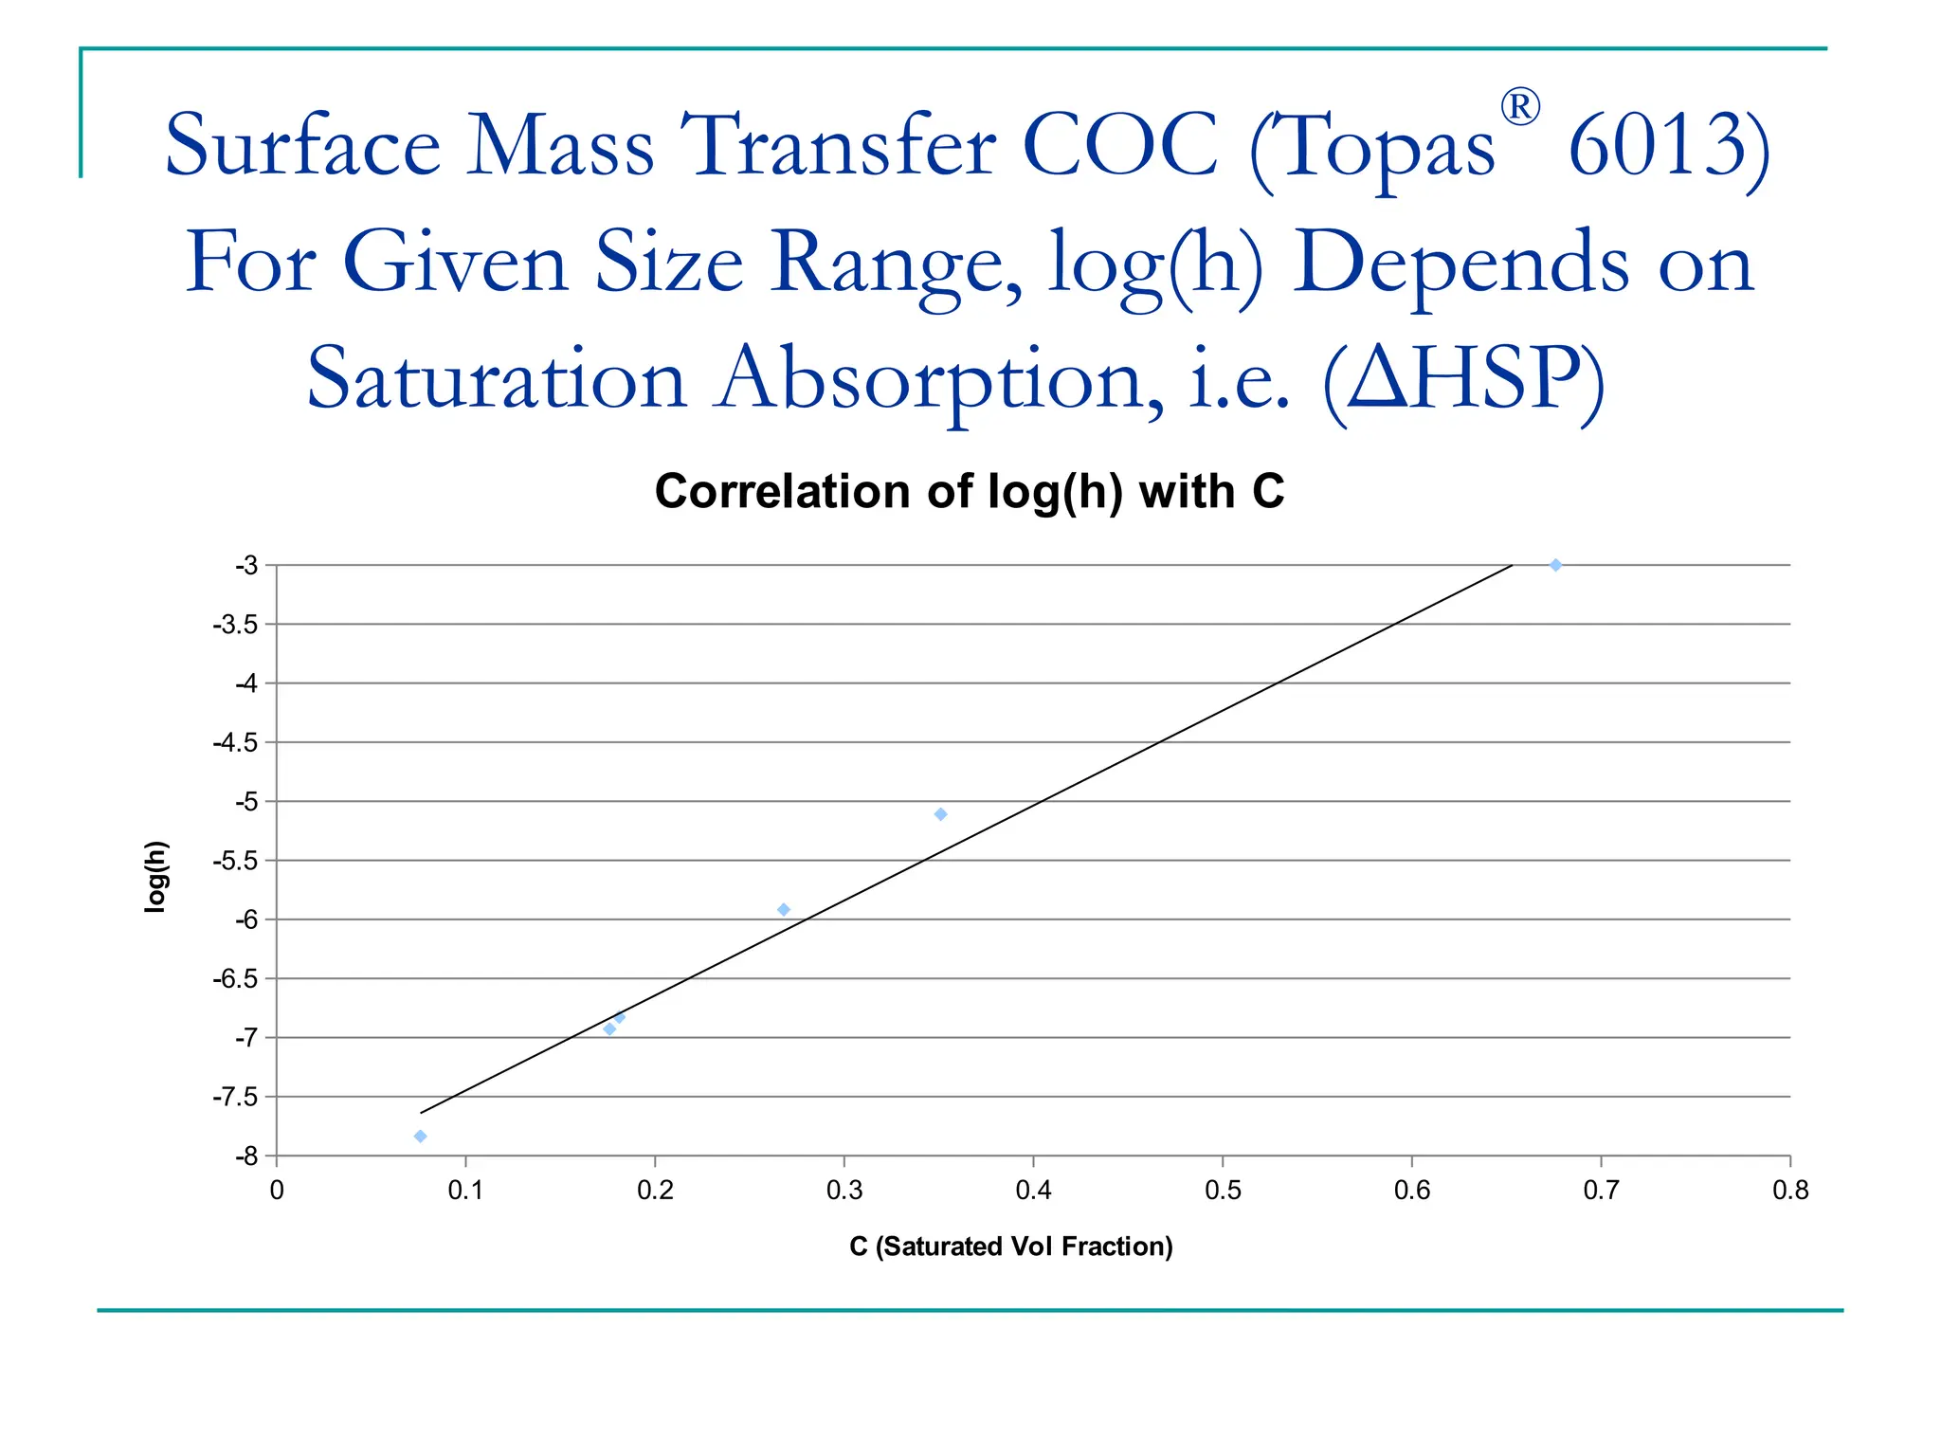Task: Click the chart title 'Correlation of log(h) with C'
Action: pyautogui.click(x=969, y=492)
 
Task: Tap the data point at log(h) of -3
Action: pyautogui.click(x=1555, y=565)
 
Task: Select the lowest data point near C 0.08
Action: pyautogui.click(x=421, y=1136)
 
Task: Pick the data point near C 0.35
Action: pyautogui.click(x=940, y=814)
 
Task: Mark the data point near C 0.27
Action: pyautogui.click(x=784, y=910)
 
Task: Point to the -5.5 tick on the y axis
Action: pyautogui.click(x=235, y=861)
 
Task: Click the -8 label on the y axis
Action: pyautogui.click(x=245, y=1156)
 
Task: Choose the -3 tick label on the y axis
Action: pyautogui.click(x=245, y=566)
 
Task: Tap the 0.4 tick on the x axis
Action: pyautogui.click(x=1033, y=1191)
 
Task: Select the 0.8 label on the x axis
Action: pyautogui.click(x=1789, y=1191)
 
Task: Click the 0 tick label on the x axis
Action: pyautogui.click(x=277, y=1191)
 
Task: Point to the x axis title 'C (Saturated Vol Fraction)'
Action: pyautogui.click(x=1010, y=1246)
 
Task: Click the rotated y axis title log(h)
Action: pyautogui.click(x=155, y=877)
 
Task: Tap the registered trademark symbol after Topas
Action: pyautogui.click(x=1519, y=107)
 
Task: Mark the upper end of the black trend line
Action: pyautogui.click(x=1511, y=566)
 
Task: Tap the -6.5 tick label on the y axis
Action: pyautogui.click(x=235, y=979)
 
